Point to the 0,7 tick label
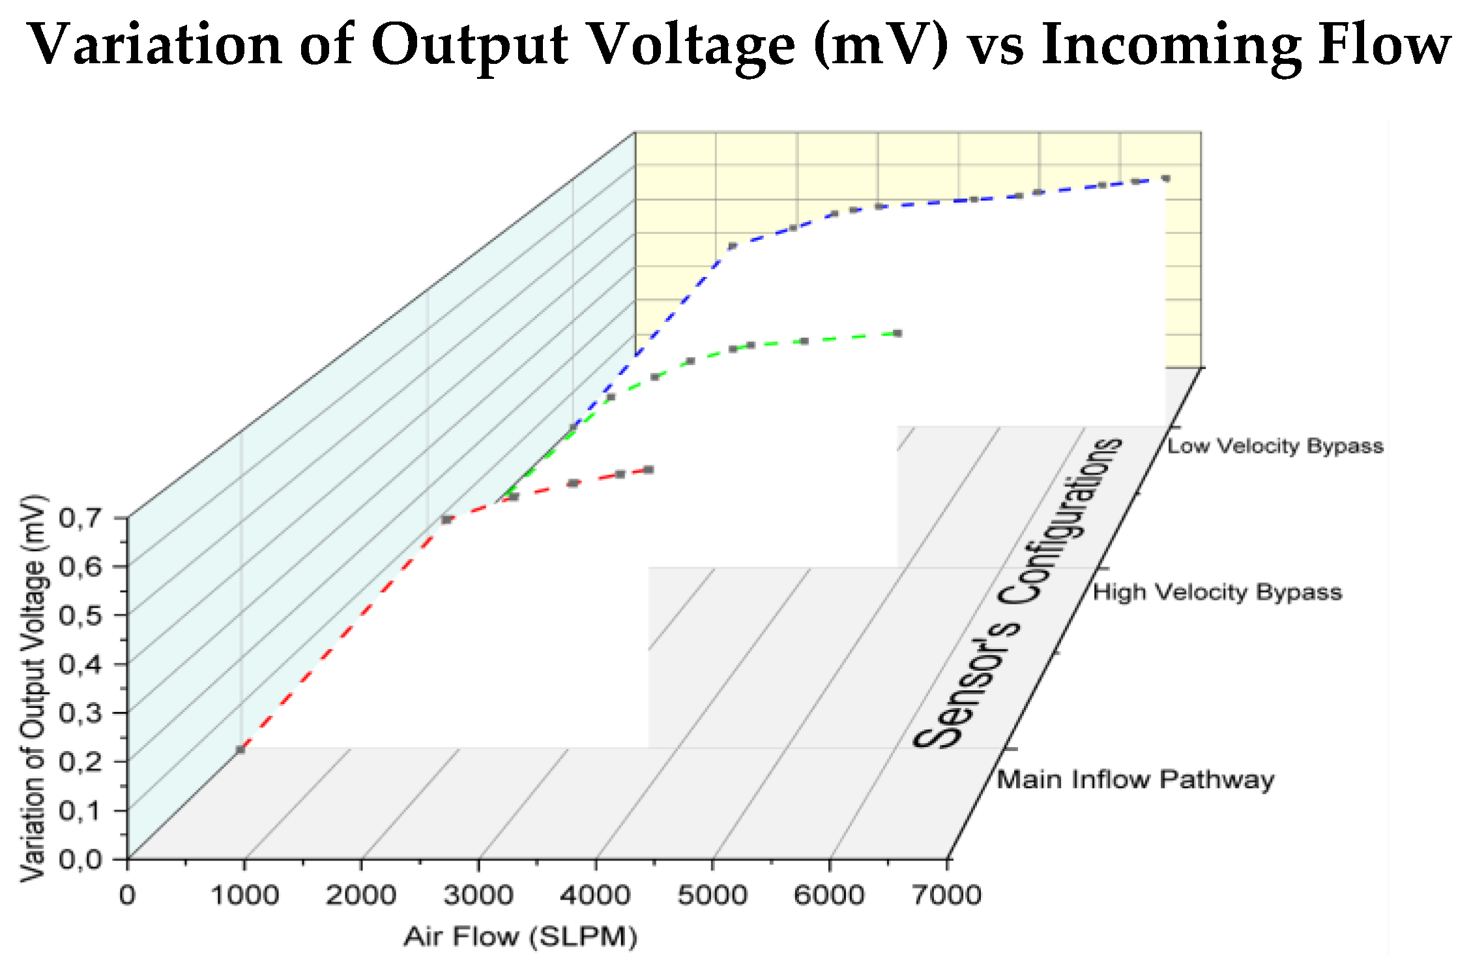click(x=80, y=519)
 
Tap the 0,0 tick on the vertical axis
click(x=80, y=860)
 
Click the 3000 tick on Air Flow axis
click(x=478, y=895)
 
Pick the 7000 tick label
click(x=946, y=895)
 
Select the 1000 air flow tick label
click(x=244, y=895)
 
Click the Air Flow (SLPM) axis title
click(x=520, y=937)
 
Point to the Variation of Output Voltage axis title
click(x=34, y=688)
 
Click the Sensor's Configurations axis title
click(x=1017, y=593)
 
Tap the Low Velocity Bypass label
click(x=1275, y=447)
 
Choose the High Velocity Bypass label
click(x=1217, y=593)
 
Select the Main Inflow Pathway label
click(x=1135, y=780)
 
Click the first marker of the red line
click(x=240, y=750)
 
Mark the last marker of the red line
click(x=648, y=469)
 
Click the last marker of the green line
click(x=897, y=333)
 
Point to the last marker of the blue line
click(x=1165, y=178)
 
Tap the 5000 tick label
click(x=712, y=895)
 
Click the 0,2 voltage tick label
click(x=80, y=762)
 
